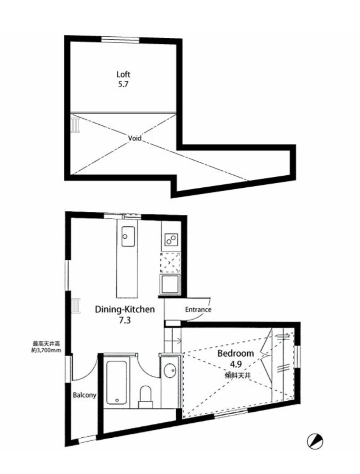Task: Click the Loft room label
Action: click(123, 74)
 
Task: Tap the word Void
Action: click(135, 138)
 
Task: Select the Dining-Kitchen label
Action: click(125, 309)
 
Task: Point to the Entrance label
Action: click(198, 309)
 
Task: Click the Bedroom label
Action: click(236, 353)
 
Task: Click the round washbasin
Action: click(170, 371)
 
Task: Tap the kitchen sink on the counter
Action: click(128, 236)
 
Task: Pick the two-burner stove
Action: click(171, 239)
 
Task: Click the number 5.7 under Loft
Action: click(123, 84)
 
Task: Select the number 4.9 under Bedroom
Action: click(236, 364)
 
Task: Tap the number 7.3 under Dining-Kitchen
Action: click(125, 320)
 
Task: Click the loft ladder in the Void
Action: click(76, 123)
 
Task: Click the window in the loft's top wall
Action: click(120, 40)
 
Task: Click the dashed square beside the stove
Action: click(170, 262)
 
